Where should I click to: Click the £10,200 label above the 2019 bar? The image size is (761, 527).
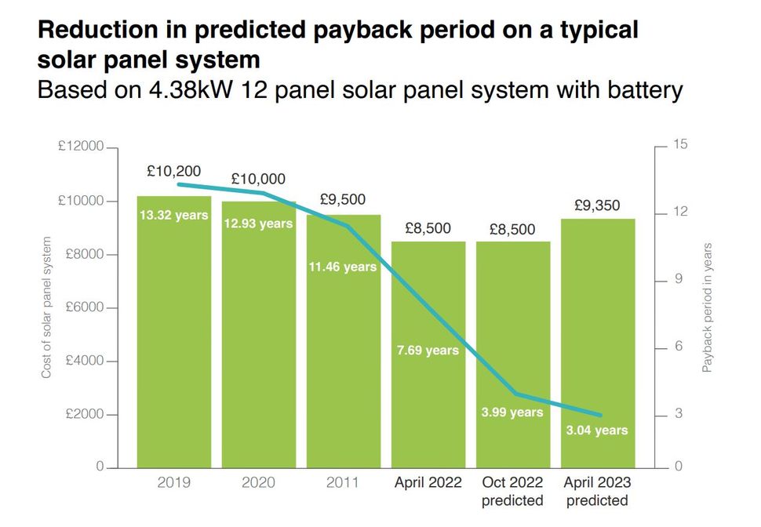click(173, 171)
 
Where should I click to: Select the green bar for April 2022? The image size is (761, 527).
click(428, 408)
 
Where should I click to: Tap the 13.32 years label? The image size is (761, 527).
click(173, 215)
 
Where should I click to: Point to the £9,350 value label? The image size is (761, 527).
click(596, 206)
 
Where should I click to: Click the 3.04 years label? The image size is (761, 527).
click(596, 430)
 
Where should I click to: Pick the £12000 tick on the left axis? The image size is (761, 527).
click(80, 147)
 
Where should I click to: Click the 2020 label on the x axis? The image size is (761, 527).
click(258, 482)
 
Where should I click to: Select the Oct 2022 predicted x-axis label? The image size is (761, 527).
click(512, 491)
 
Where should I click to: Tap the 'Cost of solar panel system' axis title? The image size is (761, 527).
click(46, 307)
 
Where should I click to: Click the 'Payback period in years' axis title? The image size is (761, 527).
click(707, 307)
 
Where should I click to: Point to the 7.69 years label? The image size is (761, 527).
click(428, 350)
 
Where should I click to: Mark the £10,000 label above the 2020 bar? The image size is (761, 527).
click(258, 180)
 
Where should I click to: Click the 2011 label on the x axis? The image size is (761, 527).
click(343, 482)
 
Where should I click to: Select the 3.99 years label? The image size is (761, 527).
click(512, 412)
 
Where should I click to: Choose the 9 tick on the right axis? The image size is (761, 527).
click(679, 280)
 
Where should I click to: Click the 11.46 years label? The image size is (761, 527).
click(343, 267)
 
